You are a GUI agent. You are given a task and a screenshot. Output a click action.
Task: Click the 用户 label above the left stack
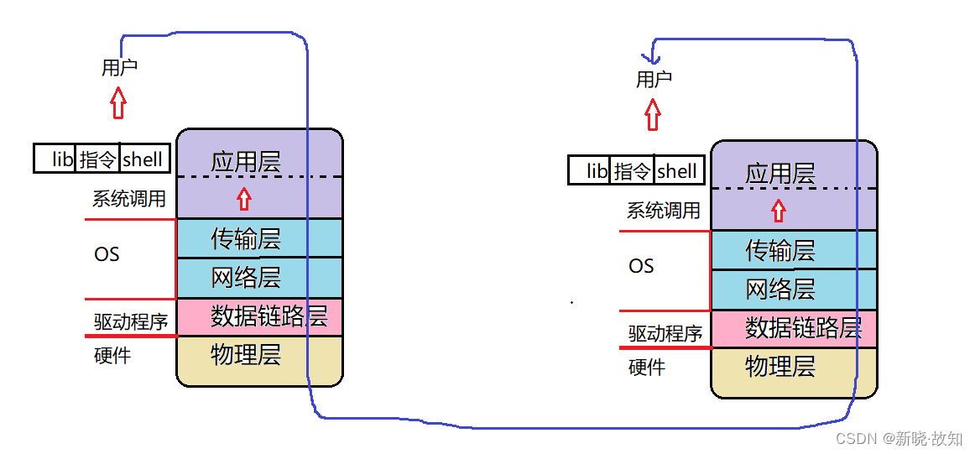[x=119, y=68]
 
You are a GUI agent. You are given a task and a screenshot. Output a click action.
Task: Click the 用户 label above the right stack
[x=654, y=80]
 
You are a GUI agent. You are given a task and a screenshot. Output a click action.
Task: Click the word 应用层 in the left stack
[x=245, y=162]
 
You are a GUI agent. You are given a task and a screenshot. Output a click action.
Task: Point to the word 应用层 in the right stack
[x=780, y=174]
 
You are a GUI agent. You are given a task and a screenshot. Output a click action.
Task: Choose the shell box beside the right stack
[x=678, y=170]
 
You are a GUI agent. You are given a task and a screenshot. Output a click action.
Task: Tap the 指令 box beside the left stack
[x=98, y=159]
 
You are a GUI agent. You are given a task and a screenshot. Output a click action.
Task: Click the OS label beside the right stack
[x=641, y=266]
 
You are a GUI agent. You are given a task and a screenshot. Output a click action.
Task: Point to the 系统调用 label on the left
[x=128, y=199]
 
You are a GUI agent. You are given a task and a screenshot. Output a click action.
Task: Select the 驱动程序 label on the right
[x=665, y=333]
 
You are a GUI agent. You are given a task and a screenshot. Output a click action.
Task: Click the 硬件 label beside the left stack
[x=112, y=355]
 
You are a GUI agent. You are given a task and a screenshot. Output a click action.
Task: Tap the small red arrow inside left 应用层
[x=244, y=198]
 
